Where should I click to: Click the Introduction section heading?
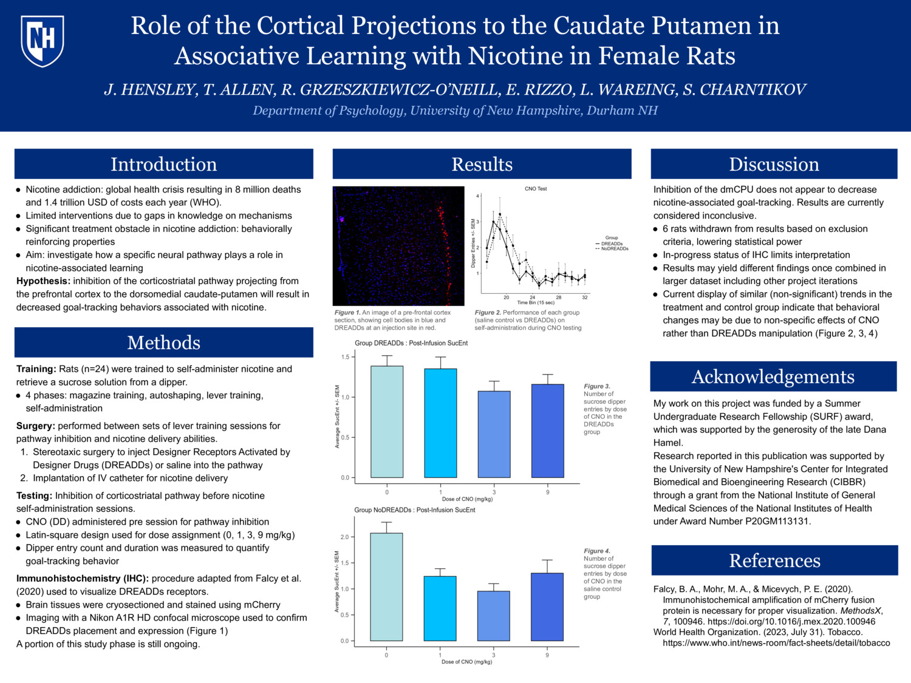[163, 164]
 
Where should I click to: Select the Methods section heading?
[163, 342]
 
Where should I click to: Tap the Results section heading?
[482, 164]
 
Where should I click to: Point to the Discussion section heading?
[774, 164]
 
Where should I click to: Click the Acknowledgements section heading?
[773, 376]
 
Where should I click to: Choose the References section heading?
[774, 560]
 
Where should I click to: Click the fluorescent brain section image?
[398, 246]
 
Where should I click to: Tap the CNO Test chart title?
[536, 189]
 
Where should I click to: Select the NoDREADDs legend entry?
[614, 249]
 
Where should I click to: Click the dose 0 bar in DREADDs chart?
[387, 421]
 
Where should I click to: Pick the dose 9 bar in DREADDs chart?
[547, 430]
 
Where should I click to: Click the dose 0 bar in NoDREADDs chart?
[386, 586]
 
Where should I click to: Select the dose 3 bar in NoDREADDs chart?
[493, 616]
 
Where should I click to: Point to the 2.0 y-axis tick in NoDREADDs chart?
[344, 537]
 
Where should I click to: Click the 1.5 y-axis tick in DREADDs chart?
[345, 357]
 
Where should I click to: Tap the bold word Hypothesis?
[43, 281]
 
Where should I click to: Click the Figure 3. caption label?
[597, 386]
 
